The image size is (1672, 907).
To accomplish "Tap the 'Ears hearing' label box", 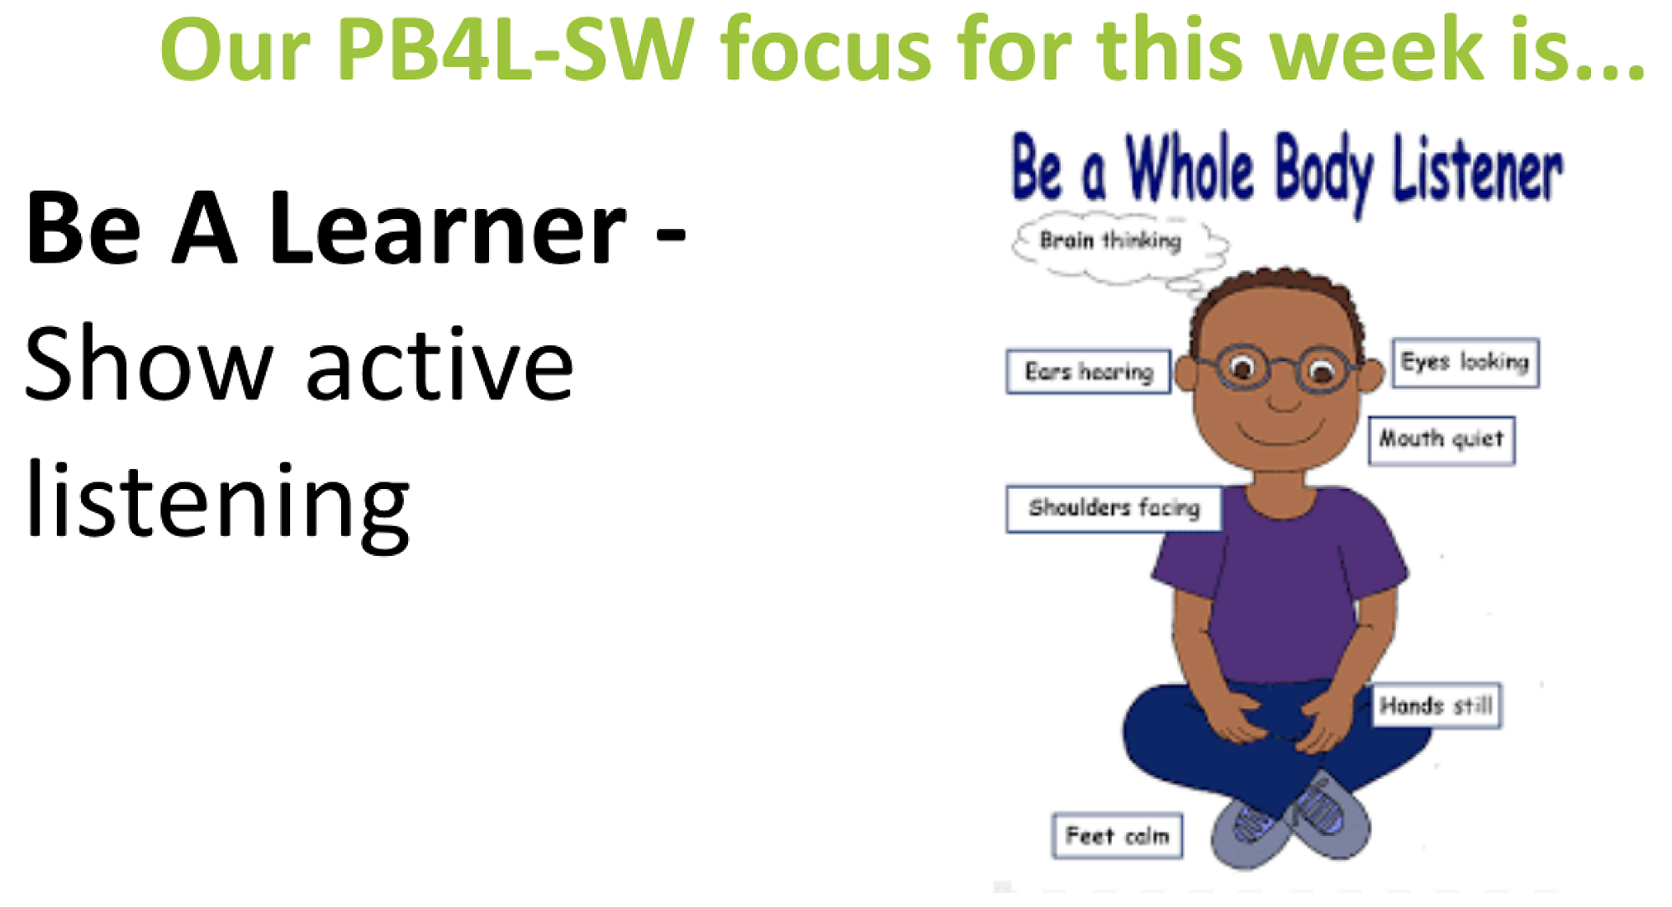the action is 1088,371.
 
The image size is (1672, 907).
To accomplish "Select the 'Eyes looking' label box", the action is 1466,363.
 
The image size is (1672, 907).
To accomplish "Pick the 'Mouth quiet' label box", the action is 1441,440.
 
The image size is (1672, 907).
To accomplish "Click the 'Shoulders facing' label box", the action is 1114,508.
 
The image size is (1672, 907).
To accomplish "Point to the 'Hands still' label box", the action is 1435,706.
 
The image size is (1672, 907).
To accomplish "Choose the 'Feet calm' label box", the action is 1117,835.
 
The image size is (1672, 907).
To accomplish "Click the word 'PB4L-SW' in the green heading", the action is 515,50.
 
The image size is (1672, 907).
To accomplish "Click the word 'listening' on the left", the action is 217,503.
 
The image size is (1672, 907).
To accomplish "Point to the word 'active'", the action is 441,366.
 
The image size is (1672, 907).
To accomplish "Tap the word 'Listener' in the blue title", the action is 1477,171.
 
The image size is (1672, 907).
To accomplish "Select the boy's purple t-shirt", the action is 1279,585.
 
